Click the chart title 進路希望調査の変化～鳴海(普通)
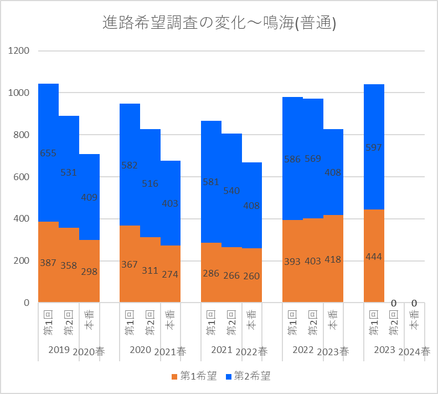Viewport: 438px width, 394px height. tap(220, 23)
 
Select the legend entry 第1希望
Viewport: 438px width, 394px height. tap(194, 376)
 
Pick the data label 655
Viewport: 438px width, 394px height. tap(48, 153)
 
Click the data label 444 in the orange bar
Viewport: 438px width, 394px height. tap(374, 257)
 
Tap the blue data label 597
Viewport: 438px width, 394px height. tap(374, 147)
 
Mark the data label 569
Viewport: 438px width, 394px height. tap(313, 159)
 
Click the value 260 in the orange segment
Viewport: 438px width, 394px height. tap(252, 276)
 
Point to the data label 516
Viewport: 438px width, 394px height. tap(150, 183)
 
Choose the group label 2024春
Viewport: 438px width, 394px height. tap(414, 351)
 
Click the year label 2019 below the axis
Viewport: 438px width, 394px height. tap(59, 350)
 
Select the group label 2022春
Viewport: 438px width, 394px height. tap(251, 351)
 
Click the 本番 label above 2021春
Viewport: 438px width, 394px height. tap(171, 320)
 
